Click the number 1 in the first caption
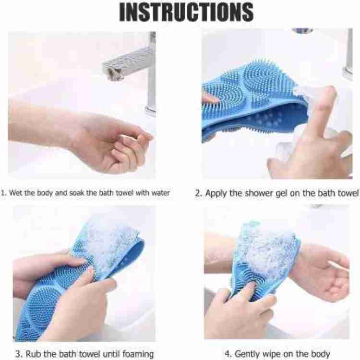[3, 193]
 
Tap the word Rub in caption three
[33, 354]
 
